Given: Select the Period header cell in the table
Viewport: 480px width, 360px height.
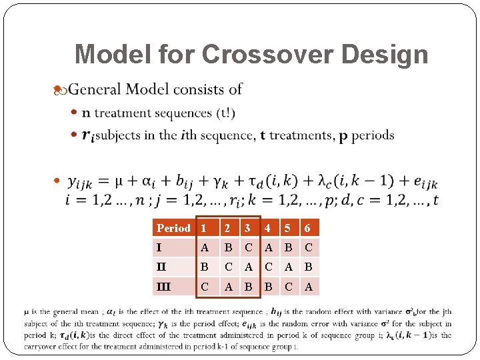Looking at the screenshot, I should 173,228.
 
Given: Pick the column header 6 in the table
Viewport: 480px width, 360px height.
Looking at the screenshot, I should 307,228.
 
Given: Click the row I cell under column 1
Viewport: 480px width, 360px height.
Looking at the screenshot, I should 205,248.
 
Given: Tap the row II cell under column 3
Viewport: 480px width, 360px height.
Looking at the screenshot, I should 248,267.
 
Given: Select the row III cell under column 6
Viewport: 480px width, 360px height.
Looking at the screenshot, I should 308,287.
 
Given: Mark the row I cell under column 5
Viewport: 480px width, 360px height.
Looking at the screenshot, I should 288,248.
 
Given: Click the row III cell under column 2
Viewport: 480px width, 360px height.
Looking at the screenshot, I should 228,287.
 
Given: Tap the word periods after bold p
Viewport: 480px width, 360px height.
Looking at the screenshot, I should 373,135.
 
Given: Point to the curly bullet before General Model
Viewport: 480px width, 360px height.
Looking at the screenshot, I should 59,89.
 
